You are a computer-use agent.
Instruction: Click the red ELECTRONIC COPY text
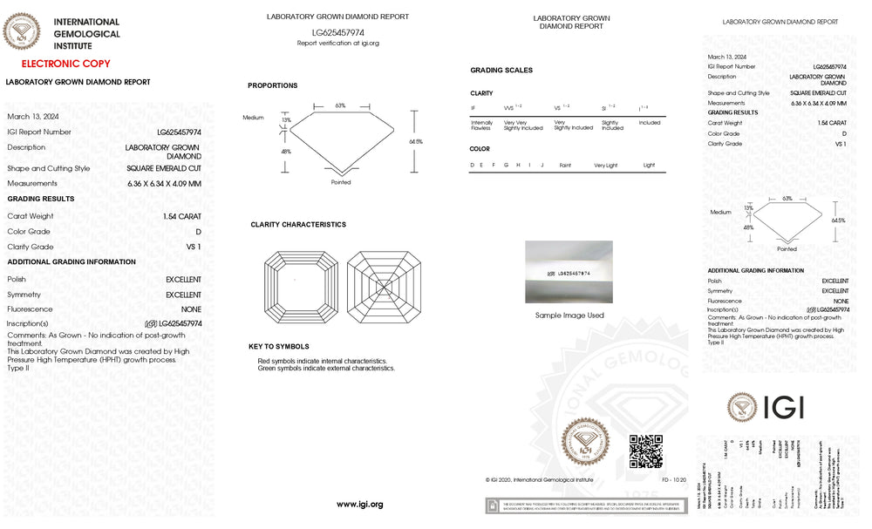coord(65,64)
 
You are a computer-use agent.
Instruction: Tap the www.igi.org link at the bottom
coord(359,505)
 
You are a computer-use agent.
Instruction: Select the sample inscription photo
coord(569,272)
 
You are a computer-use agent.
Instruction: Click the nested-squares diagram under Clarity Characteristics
coord(299,286)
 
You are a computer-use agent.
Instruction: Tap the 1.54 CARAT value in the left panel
coord(181,215)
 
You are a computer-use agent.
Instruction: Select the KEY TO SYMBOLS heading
coord(279,347)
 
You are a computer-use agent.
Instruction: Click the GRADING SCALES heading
coord(501,71)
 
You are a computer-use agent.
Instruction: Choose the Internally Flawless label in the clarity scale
coord(481,125)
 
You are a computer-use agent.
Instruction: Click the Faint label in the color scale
coord(566,165)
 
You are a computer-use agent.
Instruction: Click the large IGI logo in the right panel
coord(765,406)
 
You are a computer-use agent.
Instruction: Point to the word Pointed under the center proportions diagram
coord(341,182)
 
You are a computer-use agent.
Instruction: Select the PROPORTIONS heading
coord(272,85)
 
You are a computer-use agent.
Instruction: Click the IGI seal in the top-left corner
coord(22,33)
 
